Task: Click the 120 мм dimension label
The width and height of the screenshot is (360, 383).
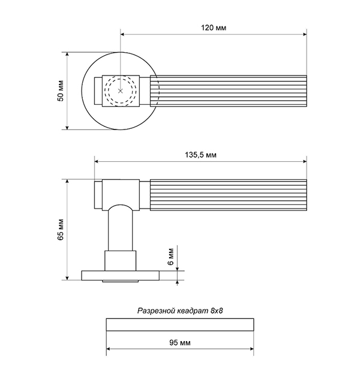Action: [214, 28]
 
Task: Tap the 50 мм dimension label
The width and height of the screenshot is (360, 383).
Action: [61, 91]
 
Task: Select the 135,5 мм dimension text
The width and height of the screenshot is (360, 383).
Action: [200, 155]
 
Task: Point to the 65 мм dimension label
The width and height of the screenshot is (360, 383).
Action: [61, 230]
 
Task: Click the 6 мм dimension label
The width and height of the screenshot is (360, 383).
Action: [171, 256]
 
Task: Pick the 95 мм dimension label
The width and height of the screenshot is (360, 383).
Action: [180, 342]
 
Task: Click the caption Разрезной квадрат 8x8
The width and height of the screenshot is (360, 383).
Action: [180, 310]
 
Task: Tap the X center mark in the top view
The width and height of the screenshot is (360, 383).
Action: [120, 91]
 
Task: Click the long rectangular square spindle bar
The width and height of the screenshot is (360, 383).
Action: [180, 324]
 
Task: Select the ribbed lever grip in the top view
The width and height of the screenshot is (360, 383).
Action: [228, 91]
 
